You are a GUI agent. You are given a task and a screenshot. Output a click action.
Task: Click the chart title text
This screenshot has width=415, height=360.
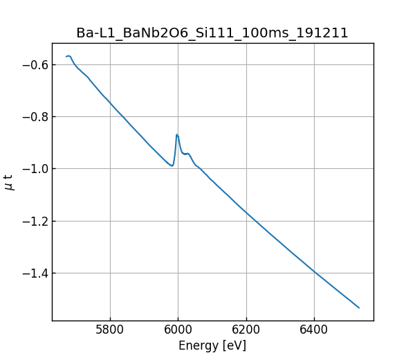(x=212, y=33)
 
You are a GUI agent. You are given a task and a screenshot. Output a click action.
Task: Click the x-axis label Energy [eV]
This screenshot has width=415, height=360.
(x=212, y=345)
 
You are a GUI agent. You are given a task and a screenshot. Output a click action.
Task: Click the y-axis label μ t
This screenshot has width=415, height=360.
(x=9, y=182)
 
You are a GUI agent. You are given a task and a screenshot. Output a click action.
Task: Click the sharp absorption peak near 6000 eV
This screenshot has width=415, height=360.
(x=177, y=134)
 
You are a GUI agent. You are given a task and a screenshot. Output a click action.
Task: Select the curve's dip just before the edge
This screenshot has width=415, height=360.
(x=172, y=165)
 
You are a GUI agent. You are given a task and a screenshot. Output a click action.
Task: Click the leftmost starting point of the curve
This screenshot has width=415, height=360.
(x=66, y=57)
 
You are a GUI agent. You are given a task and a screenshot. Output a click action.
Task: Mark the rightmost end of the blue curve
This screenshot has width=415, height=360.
(x=359, y=307)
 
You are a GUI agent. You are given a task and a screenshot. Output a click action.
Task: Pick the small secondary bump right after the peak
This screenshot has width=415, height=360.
(x=188, y=154)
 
